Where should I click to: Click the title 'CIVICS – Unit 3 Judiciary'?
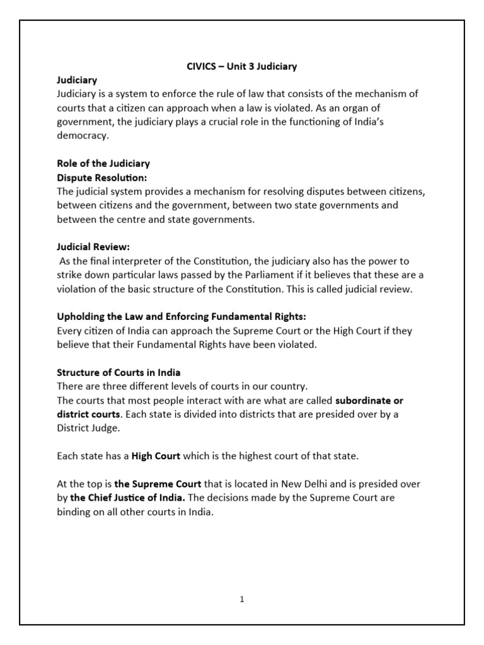pos(242,66)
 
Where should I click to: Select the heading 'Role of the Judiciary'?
pos(103,164)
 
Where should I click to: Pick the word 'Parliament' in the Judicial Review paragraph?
pos(247,275)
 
